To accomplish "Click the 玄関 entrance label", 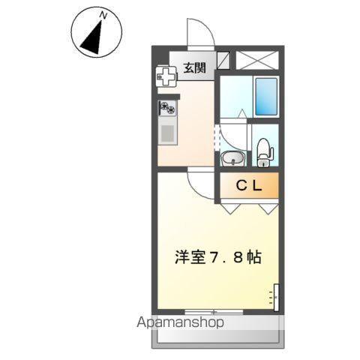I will point(193,69).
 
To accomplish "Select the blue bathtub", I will point(265,95).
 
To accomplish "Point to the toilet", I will point(263,153).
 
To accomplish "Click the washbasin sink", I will point(232,157).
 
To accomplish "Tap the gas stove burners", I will point(167,109).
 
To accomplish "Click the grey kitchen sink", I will point(167,133).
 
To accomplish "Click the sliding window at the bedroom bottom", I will point(214,311).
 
